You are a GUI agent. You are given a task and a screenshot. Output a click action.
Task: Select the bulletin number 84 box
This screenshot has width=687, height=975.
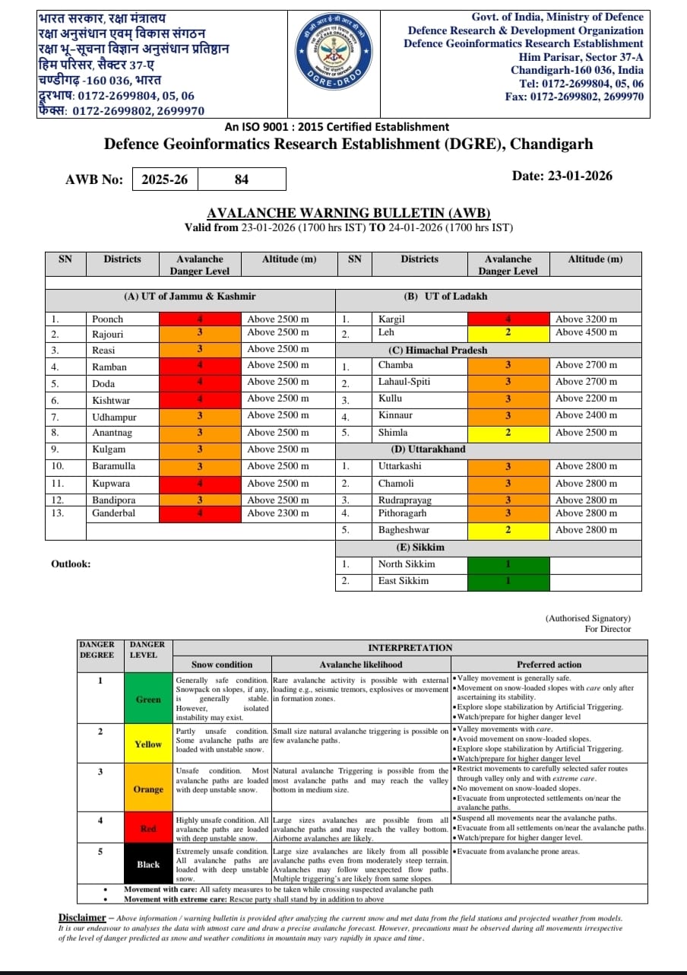pyautogui.click(x=242, y=179)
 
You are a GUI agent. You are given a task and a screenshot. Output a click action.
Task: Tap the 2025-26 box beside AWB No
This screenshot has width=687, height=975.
pyautogui.click(x=165, y=179)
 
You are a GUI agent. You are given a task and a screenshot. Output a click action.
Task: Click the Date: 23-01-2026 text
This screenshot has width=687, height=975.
pyautogui.click(x=562, y=176)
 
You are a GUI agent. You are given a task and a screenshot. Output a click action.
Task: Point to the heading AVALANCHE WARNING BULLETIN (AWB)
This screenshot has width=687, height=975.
pyautogui.click(x=349, y=213)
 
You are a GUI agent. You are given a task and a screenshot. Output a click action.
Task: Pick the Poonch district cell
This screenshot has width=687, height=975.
pyautogui.click(x=107, y=319)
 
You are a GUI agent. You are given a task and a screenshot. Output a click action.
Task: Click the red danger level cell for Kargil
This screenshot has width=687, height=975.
pyautogui.click(x=507, y=319)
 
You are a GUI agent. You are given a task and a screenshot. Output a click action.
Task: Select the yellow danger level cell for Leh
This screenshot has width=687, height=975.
pyautogui.click(x=507, y=332)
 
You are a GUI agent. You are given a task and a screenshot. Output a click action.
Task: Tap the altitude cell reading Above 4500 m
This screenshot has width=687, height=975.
pyautogui.click(x=586, y=332)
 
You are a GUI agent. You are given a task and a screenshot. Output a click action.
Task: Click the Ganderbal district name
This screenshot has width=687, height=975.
pyautogui.click(x=115, y=513)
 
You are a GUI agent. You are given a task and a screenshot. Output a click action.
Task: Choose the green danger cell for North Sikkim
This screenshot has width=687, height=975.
pyautogui.click(x=507, y=564)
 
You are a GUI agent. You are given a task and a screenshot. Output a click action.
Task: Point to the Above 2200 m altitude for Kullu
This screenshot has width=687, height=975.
pyautogui.click(x=586, y=399)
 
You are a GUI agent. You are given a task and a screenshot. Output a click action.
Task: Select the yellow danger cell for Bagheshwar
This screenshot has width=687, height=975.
pyautogui.click(x=507, y=530)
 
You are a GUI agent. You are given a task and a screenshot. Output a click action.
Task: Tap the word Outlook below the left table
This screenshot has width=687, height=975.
pyautogui.click(x=71, y=564)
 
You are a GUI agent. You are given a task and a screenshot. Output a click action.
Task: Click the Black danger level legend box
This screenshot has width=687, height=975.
pyautogui.click(x=148, y=864)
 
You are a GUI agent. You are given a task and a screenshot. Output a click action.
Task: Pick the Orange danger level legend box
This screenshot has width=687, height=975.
pyautogui.click(x=148, y=789)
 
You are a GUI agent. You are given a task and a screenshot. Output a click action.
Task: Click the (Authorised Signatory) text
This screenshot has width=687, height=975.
pyautogui.click(x=587, y=618)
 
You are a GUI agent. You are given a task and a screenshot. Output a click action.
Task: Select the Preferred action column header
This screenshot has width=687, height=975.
pyautogui.click(x=549, y=664)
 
